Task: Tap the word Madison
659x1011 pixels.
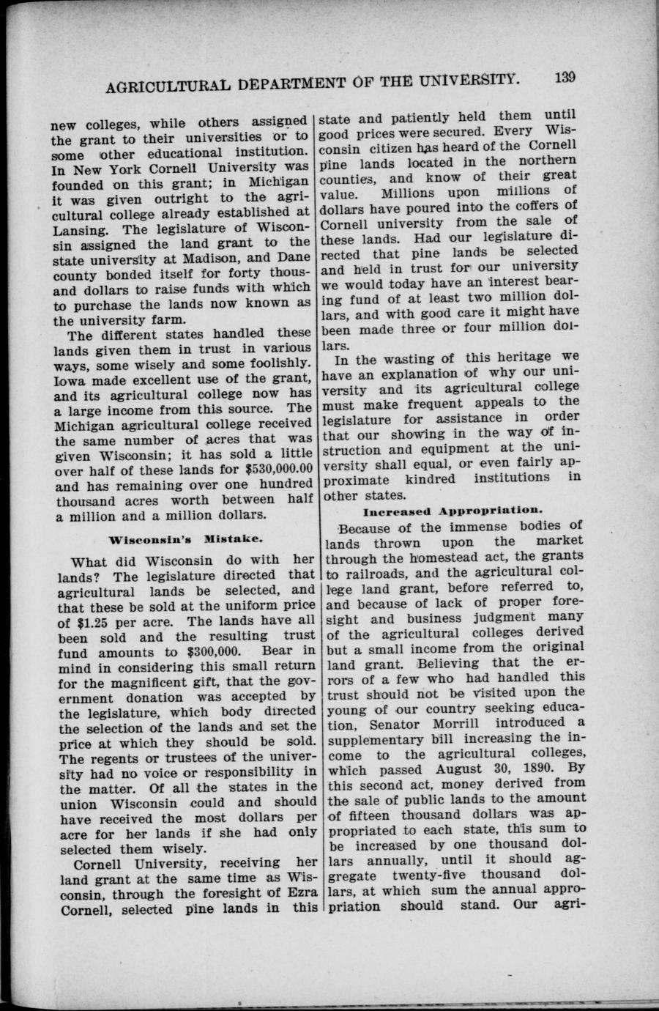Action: coord(196,258)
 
